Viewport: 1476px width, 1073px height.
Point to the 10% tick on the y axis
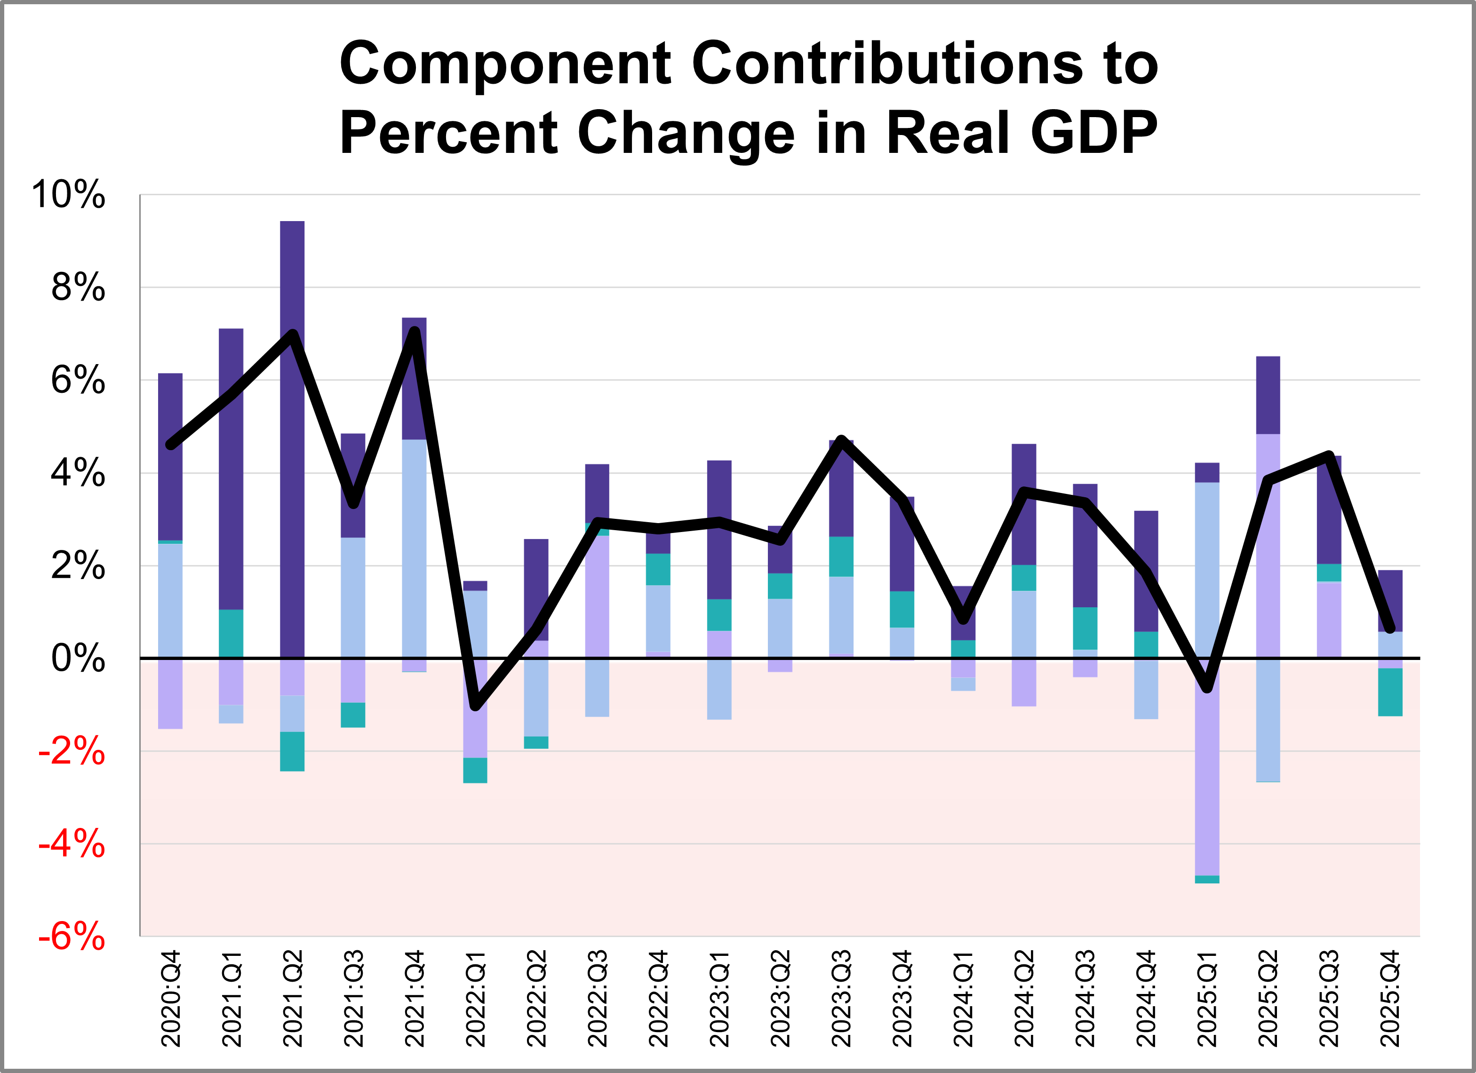pyautogui.click(x=68, y=195)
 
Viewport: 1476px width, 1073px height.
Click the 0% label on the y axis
pyautogui.click(x=78, y=659)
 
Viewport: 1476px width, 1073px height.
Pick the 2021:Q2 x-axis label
pyautogui.click(x=293, y=998)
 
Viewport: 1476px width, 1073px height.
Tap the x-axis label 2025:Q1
pyautogui.click(x=1207, y=998)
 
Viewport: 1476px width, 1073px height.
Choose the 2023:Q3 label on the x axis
pyautogui.click(x=841, y=998)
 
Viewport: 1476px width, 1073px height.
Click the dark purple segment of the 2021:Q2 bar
pyautogui.click(x=292, y=455)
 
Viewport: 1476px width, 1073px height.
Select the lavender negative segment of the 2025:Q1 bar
pyautogui.click(x=1207, y=781)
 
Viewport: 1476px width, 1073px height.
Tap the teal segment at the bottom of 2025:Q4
pyautogui.click(x=1390, y=691)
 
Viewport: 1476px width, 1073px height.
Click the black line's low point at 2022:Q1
pyautogui.click(x=476, y=705)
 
